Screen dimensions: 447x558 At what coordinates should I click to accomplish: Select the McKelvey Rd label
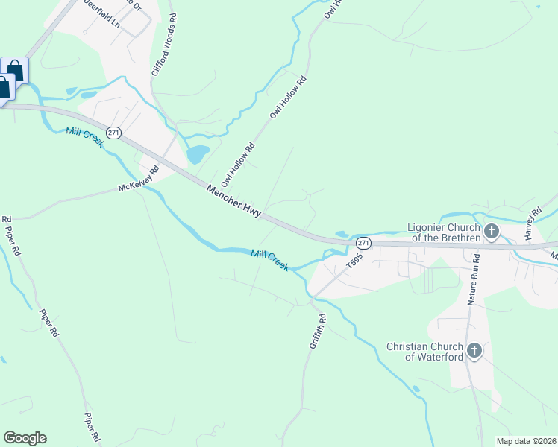(x=139, y=180)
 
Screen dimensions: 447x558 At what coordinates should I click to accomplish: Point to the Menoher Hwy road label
(x=233, y=201)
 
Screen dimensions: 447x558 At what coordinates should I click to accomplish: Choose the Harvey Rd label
(x=532, y=224)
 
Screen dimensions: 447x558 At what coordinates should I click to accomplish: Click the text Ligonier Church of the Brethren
(x=443, y=232)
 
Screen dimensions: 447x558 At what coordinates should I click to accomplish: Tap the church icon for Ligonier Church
(x=491, y=232)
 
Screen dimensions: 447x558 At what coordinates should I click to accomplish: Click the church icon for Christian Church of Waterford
(x=473, y=350)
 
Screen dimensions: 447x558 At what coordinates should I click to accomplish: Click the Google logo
(x=25, y=438)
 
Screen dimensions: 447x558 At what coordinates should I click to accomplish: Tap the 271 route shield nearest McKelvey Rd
(x=113, y=133)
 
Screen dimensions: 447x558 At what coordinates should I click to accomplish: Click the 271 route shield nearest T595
(x=363, y=244)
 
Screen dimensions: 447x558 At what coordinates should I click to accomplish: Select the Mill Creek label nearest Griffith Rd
(x=269, y=259)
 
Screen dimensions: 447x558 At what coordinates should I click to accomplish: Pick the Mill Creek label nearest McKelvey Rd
(x=84, y=138)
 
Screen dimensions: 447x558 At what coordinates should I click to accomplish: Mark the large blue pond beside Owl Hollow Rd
(x=197, y=154)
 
